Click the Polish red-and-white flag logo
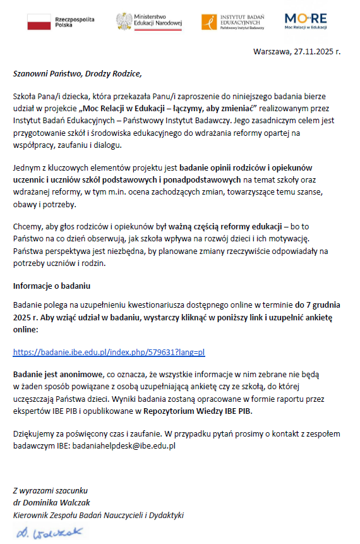pos(39,22)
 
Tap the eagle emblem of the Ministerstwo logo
pos(124,21)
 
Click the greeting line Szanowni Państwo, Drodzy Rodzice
pos(73,73)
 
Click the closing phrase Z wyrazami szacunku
pos(51,490)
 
